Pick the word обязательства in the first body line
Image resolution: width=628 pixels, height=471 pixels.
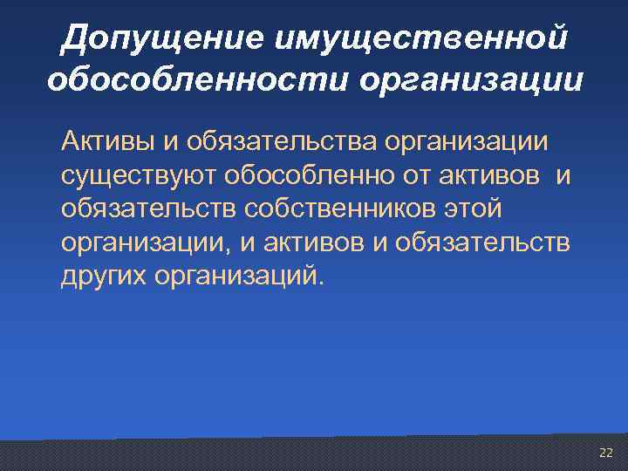(x=277, y=141)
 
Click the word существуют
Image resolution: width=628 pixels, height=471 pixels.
(x=139, y=175)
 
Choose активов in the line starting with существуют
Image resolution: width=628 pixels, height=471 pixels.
(x=495, y=175)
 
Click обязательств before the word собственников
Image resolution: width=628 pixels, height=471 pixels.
(x=148, y=209)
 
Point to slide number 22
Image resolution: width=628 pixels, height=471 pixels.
(x=606, y=453)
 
